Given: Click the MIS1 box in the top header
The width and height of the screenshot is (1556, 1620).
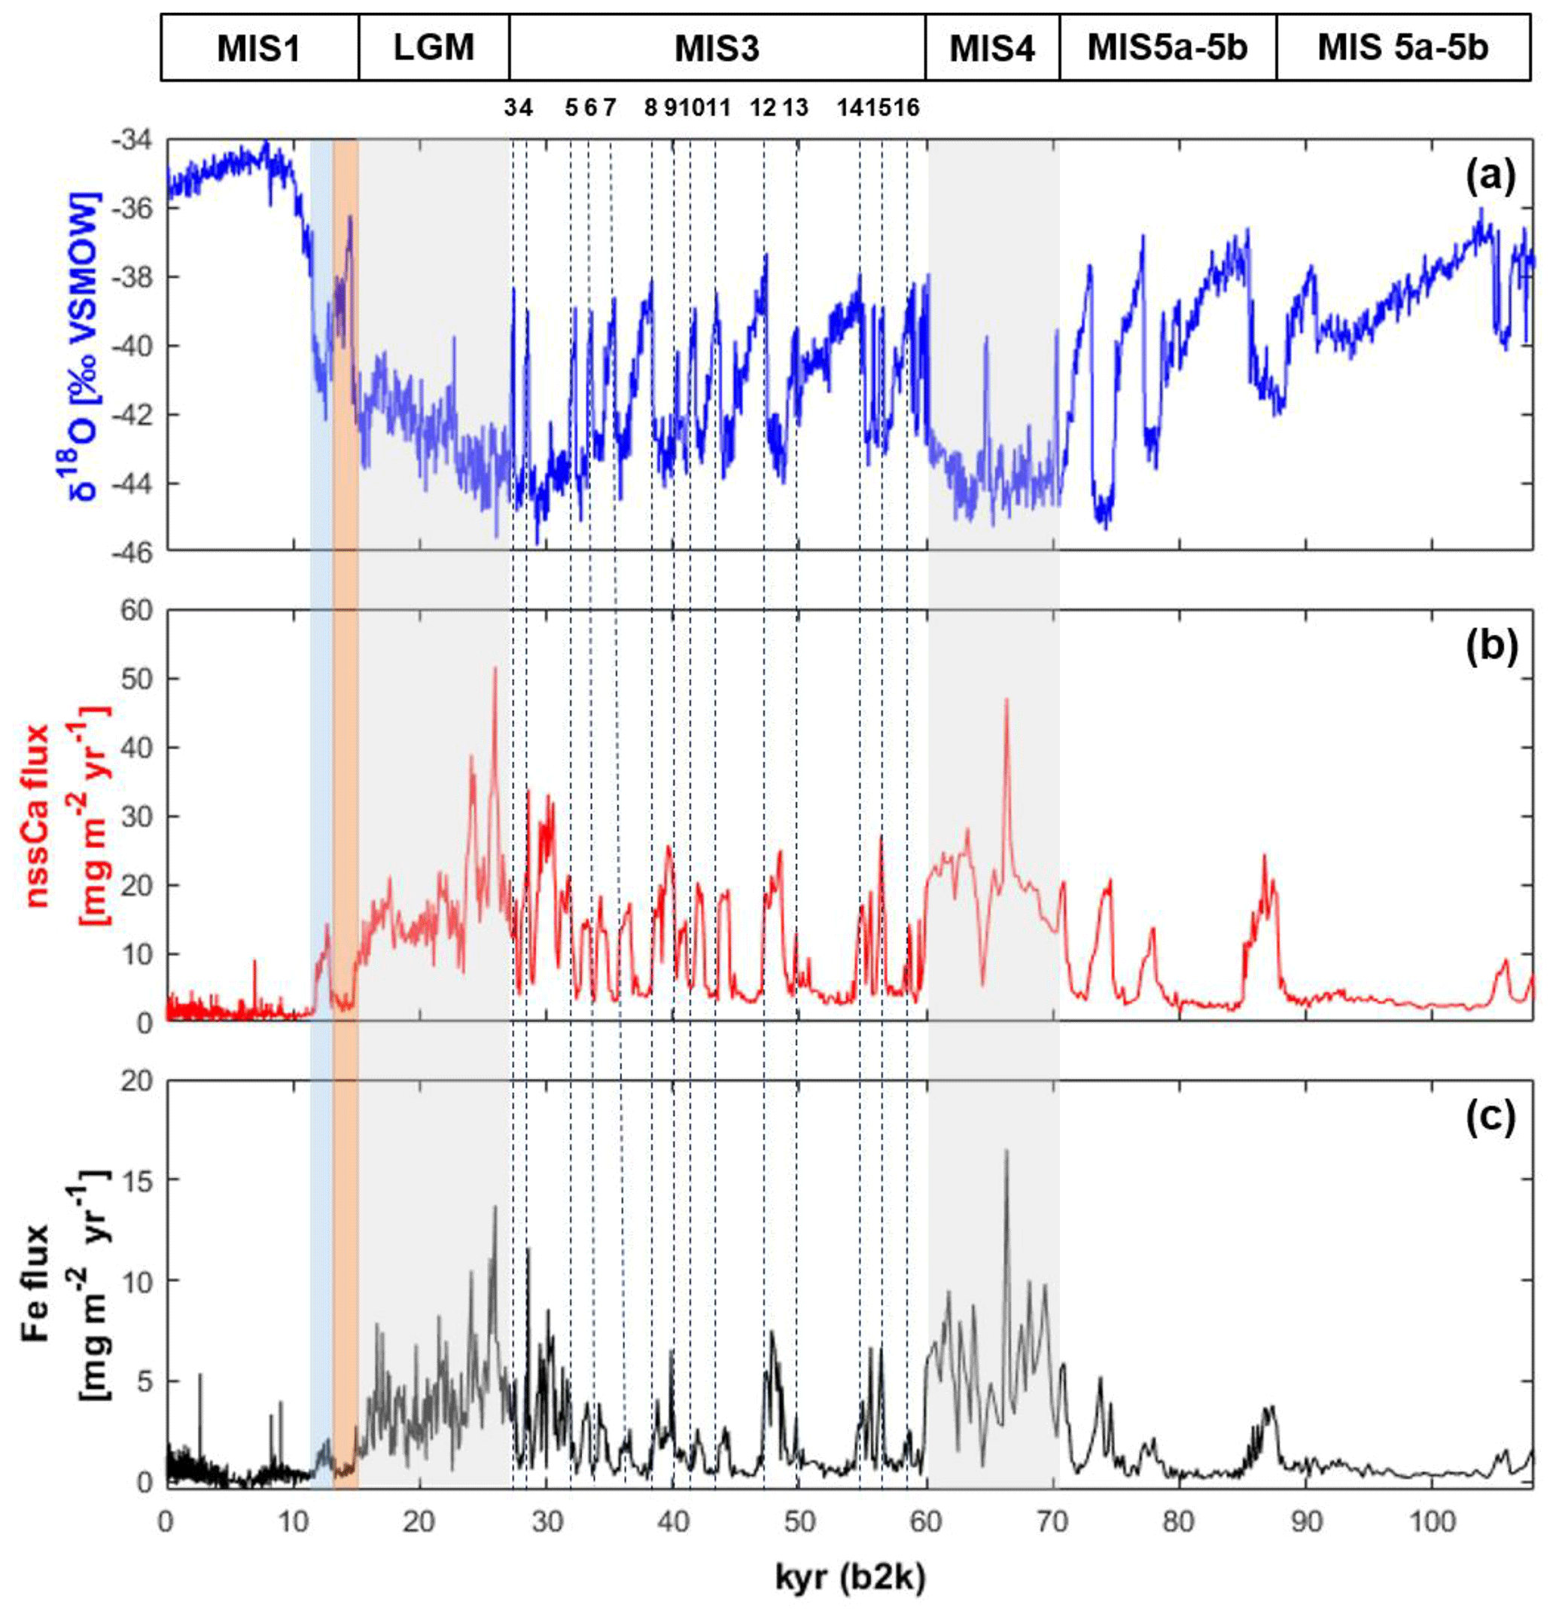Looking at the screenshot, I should click(259, 48).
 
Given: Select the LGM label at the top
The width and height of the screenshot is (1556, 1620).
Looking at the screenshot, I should click(434, 48).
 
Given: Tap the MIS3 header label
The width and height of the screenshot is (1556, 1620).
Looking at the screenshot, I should click(717, 48).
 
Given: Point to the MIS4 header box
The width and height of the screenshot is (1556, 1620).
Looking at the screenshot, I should click(991, 48).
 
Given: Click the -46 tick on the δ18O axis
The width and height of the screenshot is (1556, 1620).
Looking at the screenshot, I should click(132, 553).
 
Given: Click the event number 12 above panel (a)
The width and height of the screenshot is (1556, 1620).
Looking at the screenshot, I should click(763, 108).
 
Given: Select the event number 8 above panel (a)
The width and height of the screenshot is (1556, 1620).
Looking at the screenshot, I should click(651, 108).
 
